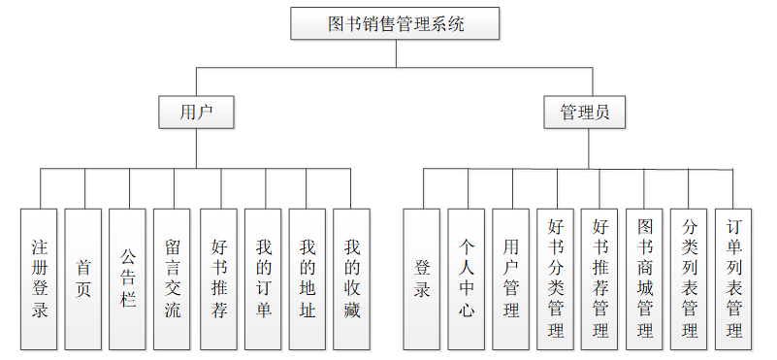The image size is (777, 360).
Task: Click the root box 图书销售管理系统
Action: click(x=396, y=24)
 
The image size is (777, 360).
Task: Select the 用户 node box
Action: click(x=197, y=112)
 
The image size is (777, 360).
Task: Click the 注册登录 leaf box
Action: click(x=40, y=278)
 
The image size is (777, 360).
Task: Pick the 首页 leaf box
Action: click(x=84, y=278)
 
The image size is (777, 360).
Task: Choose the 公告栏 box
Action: click(x=128, y=278)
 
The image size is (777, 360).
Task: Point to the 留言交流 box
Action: click(x=173, y=278)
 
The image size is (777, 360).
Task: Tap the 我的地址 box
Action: click(x=308, y=278)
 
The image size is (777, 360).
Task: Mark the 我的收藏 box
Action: click(x=352, y=278)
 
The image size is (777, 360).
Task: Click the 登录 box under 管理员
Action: click(x=423, y=278)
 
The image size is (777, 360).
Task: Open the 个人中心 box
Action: click(x=468, y=278)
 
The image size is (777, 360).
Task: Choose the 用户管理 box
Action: click(x=511, y=278)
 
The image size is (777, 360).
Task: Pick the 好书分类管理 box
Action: click(x=556, y=278)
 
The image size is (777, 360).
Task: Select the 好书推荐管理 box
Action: click(x=600, y=278)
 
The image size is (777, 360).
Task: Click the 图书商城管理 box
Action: click(x=645, y=278)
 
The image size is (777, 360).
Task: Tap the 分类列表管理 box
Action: click(x=690, y=278)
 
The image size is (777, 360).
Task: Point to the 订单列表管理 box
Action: click(x=734, y=278)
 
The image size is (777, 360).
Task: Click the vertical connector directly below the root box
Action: click(x=396, y=53)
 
